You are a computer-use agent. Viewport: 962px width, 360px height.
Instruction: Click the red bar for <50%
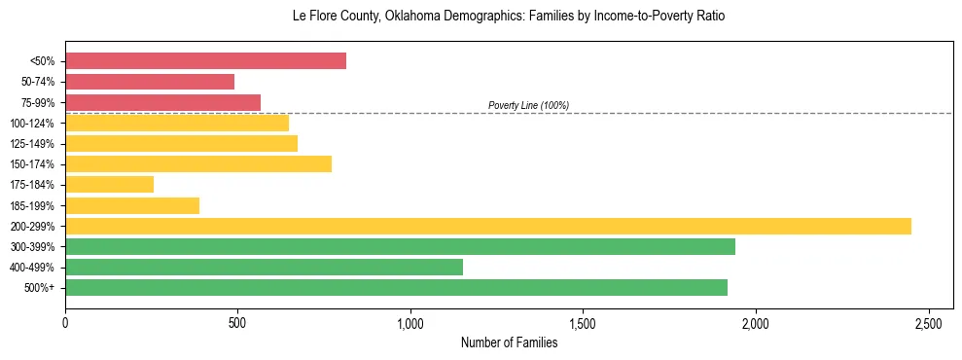[x=205, y=61]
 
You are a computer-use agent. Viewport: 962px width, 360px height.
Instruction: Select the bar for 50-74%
[x=150, y=82]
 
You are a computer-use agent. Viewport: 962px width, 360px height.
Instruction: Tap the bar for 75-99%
[x=162, y=102]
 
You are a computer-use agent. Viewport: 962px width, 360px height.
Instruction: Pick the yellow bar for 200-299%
[x=487, y=226]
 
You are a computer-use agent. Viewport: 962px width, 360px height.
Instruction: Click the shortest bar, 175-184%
[x=109, y=185]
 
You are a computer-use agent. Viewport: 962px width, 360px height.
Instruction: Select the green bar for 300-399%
[x=400, y=246]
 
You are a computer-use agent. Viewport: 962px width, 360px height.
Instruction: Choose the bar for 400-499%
[x=264, y=267]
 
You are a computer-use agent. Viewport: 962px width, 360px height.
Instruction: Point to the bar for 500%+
[x=396, y=287]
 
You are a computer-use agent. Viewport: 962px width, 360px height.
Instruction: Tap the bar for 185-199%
[x=132, y=205]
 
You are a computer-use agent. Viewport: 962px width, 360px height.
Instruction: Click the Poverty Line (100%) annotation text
[x=528, y=105]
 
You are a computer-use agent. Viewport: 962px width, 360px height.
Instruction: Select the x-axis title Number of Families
[x=509, y=342]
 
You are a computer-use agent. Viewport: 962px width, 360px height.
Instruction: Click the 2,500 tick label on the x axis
[x=928, y=322]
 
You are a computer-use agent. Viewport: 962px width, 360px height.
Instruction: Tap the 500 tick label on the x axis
[x=237, y=322]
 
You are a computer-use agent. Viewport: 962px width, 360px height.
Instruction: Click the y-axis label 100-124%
[x=32, y=124]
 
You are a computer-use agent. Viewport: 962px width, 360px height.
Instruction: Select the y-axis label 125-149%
[x=32, y=144]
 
